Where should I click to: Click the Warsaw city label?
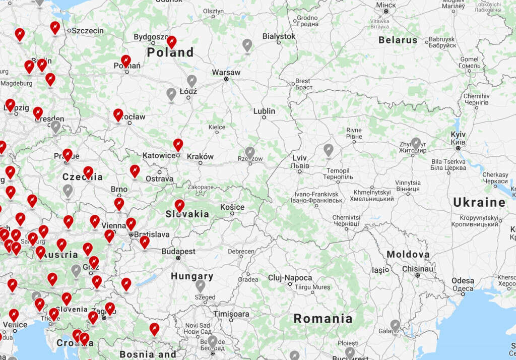[x=226, y=72]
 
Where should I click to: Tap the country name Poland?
[x=170, y=52]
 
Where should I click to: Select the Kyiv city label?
[x=458, y=135]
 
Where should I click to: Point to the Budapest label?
[x=178, y=251]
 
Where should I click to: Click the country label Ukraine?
[x=479, y=203]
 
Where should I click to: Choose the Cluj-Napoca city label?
[x=290, y=278]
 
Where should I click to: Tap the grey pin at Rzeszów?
[x=250, y=152]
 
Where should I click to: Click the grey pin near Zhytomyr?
[x=416, y=144]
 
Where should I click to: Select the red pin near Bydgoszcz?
[x=172, y=42]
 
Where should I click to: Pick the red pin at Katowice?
[x=178, y=145]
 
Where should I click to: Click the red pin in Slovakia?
[x=179, y=205]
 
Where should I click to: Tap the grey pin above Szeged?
[x=201, y=286]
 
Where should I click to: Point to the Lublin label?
[x=264, y=111]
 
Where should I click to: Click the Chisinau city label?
[x=418, y=269]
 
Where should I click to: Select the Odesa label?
[x=463, y=281]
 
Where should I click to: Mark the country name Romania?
[x=323, y=319]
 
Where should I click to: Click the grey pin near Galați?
[x=395, y=325]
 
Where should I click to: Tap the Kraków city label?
[x=200, y=156]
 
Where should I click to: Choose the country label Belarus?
[x=398, y=40]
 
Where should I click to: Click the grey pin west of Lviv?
[x=329, y=150]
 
